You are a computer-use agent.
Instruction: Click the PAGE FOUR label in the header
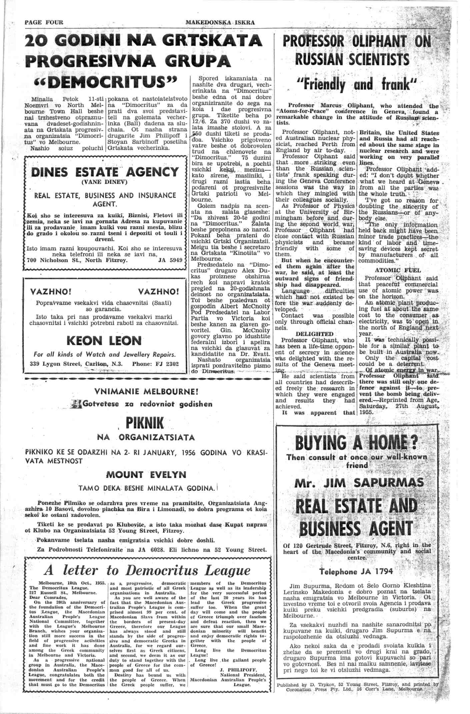coord(44,23)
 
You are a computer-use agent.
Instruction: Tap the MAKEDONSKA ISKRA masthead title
coord(220,23)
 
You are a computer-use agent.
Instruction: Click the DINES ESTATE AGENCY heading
coord(105,172)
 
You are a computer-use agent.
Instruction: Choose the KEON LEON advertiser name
coord(104,341)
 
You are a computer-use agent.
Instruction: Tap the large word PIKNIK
coord(145,423)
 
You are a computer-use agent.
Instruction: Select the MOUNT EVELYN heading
coord(146,474)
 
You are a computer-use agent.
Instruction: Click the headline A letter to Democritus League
coord(147,570)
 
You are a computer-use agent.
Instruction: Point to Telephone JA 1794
coord(356,572)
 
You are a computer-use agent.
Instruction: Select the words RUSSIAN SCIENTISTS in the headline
coord(352,60)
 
